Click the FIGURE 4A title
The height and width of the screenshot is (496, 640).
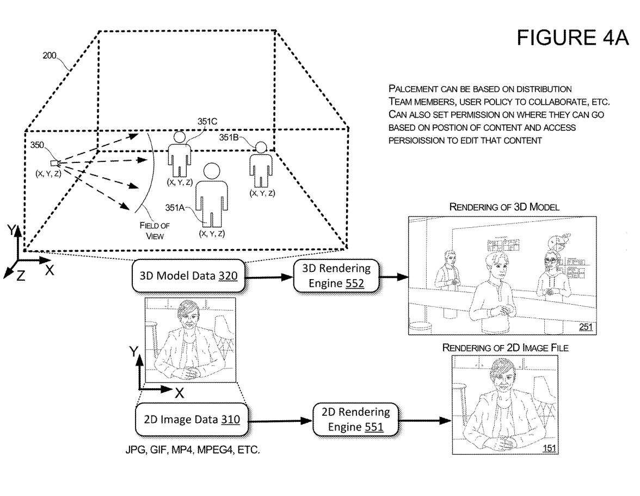pyautogui.click(x=572, y=38)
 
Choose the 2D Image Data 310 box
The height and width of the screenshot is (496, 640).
pyautogui.click(x=192, y=419)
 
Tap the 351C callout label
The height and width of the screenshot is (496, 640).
pyautogui.click(x=208, y=122)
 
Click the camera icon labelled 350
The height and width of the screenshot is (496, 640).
pyautogui.click(x=53, y=163)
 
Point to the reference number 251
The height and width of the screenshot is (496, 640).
pyautogui.click(x=586, y=327)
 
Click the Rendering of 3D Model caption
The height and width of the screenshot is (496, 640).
pyautogui.click(x=504, y=207)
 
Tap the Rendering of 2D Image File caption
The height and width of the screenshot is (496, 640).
pyautogui.click(x=505, y=348)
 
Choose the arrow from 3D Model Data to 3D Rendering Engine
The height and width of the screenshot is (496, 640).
pyautogui.click(x=269, y=276)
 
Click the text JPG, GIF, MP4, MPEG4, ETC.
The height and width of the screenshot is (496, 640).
pyautogui.click(x=193, y=451)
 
